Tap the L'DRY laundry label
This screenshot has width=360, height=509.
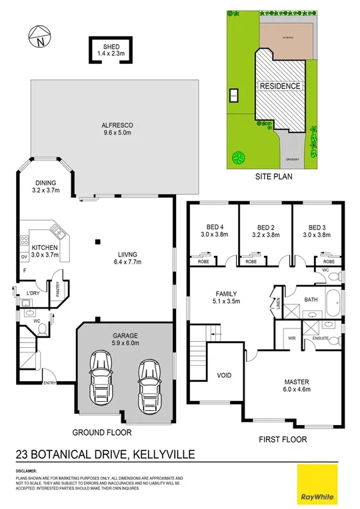[x=33, y=293]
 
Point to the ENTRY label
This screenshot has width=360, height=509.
[x=49, y=382]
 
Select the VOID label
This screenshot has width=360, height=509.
[x=225, y=375]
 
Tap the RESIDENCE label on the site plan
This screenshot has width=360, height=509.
[x=280, y=86]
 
